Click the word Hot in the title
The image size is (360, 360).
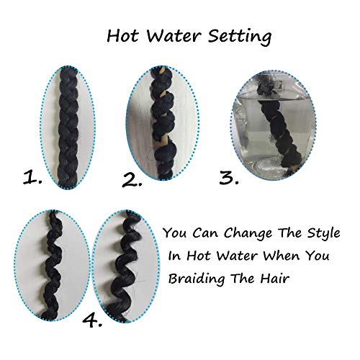[x=121, y=35]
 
